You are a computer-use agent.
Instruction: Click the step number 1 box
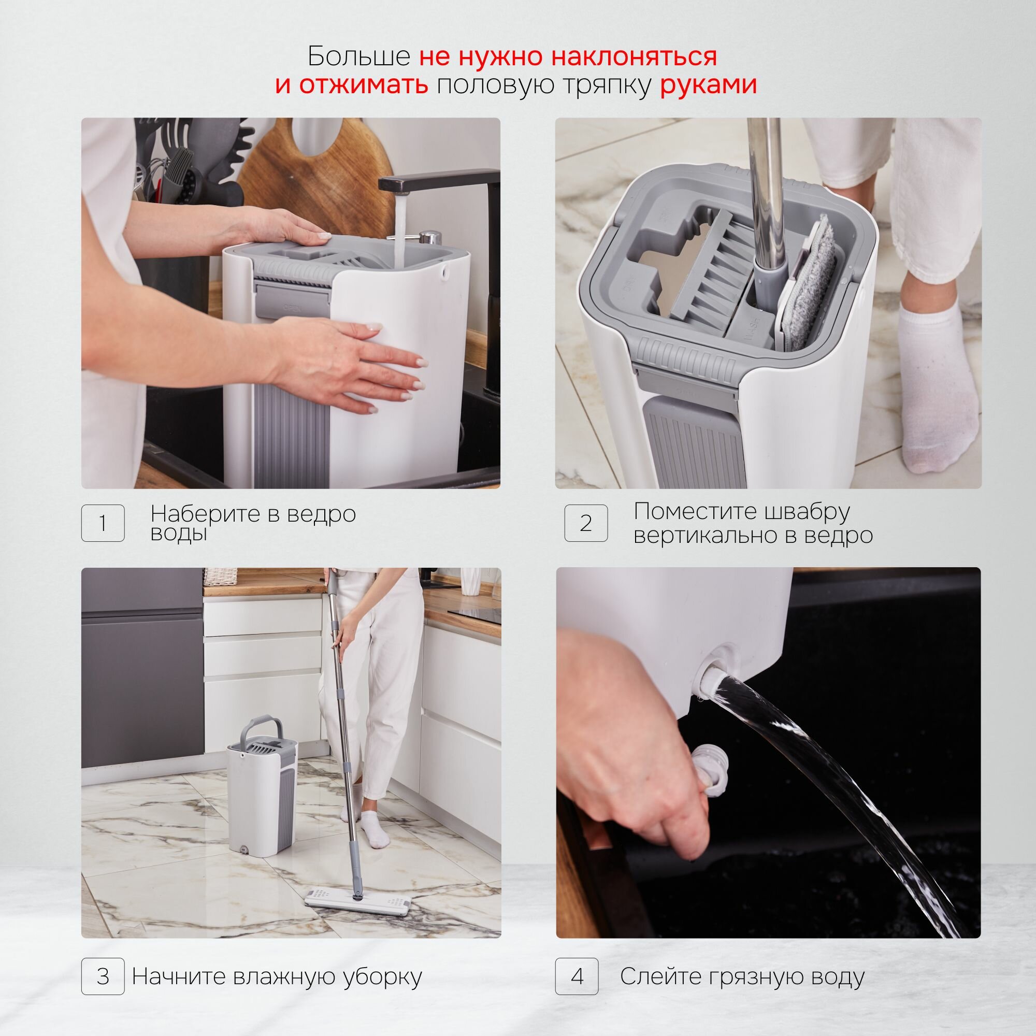(x=103, y=523)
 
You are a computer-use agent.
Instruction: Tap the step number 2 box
(x=586, y=523)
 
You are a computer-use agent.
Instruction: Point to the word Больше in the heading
(x=359, y=56)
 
